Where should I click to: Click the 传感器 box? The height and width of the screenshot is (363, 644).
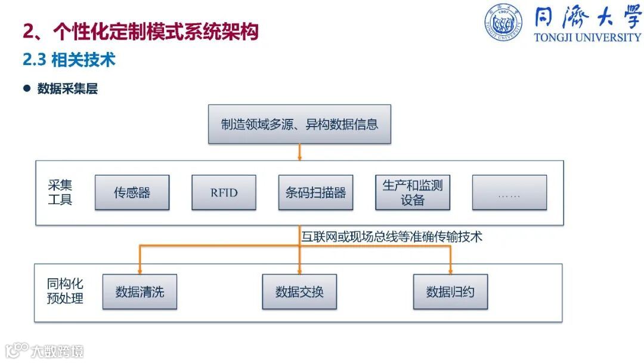click(132, 192)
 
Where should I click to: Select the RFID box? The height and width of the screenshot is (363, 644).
click(224, 192)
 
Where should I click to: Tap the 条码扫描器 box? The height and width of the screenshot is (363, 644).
click(315, 192)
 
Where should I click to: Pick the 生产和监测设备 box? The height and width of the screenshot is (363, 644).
click(412, 192)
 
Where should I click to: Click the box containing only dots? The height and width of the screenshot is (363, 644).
click(509, 192)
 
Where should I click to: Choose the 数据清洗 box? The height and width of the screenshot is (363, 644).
click(140, 292)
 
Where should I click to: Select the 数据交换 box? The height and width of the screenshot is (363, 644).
click(299, 292)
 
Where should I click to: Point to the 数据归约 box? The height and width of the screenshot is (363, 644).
click(450, 292)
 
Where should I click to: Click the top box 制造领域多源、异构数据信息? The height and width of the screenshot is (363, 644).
click(299, 124)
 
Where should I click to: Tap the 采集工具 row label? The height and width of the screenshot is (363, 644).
click(60, 192)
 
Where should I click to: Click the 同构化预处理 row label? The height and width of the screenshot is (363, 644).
click(65, 291)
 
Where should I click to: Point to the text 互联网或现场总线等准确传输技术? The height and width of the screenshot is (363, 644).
click(392, 236)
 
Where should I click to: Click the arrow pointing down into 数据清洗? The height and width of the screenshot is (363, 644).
click(140, 263)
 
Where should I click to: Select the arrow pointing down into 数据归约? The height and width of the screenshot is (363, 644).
click(450, 263)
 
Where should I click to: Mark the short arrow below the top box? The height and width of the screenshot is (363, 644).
click(299, 152)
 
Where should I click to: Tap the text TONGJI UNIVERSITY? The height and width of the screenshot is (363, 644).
click(587, 37)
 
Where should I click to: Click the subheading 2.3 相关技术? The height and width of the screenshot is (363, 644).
click(69, 60)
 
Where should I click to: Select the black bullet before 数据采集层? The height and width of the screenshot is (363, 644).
click(26, 88)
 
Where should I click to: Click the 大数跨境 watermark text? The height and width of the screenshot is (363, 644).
click(58, 350)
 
